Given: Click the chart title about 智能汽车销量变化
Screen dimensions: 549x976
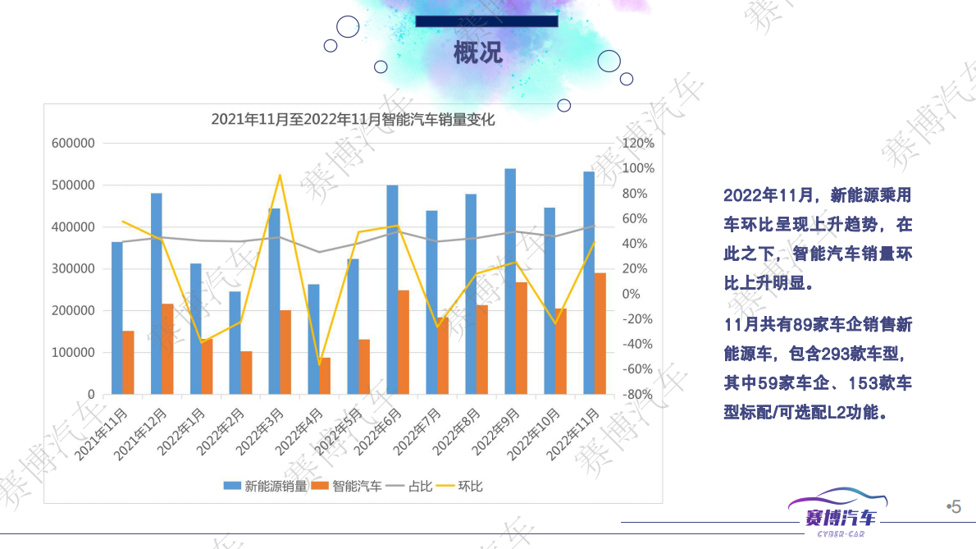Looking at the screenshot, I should [353, 119].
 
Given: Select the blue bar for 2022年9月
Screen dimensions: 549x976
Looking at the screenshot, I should [510, 281].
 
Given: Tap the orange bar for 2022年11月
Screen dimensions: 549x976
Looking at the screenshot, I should [600, 333].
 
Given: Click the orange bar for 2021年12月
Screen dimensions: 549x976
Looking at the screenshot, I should [167, 349].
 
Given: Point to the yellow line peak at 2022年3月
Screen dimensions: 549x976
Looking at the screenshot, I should [280, 175].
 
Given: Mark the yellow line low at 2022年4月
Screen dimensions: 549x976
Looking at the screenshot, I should [319, 365].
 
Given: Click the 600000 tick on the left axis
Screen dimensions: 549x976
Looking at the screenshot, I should [74, 144].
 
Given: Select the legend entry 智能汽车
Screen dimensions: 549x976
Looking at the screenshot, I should [357, 486].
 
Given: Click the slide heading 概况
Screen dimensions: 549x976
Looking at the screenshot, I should [478, 53].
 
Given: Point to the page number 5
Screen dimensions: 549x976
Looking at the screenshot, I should [955, 507].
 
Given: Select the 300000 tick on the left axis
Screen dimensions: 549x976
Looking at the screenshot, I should [74, 269].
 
